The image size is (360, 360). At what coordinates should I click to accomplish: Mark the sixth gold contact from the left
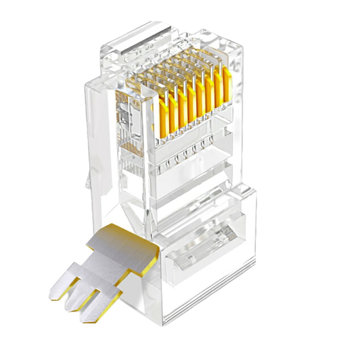pos(210,94)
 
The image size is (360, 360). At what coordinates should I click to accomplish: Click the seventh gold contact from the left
pos(219,89)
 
